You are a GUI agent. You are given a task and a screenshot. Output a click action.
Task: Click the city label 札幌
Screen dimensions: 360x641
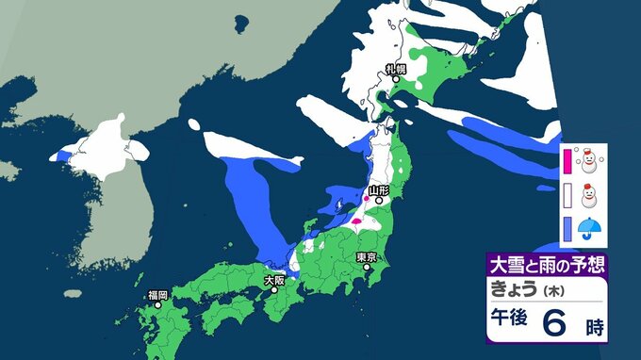(395, 69)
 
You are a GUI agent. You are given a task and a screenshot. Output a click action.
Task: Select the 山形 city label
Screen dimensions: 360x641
(379, 189)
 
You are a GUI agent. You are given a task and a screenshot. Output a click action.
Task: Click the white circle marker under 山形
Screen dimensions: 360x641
(378, 200)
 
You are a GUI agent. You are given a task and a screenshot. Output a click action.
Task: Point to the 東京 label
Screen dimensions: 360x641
(367, 257)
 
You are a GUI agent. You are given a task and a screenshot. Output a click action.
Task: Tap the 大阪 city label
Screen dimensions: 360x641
(273, 280)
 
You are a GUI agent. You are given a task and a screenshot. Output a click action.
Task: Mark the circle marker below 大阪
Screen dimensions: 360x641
(275, 289)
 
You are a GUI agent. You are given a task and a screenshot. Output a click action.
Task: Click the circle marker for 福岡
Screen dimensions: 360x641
(156, 305)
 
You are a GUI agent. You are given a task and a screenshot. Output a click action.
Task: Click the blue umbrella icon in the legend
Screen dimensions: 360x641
(589, 228)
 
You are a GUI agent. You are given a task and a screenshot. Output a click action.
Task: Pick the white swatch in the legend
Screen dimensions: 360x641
(567, 195)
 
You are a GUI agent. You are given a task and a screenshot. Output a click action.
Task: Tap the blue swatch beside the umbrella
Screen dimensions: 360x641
(567, 228)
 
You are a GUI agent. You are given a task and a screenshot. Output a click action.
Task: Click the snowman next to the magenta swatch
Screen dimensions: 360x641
(589, 161)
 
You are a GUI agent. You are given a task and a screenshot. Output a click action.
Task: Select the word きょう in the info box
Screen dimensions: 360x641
(514, 289)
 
